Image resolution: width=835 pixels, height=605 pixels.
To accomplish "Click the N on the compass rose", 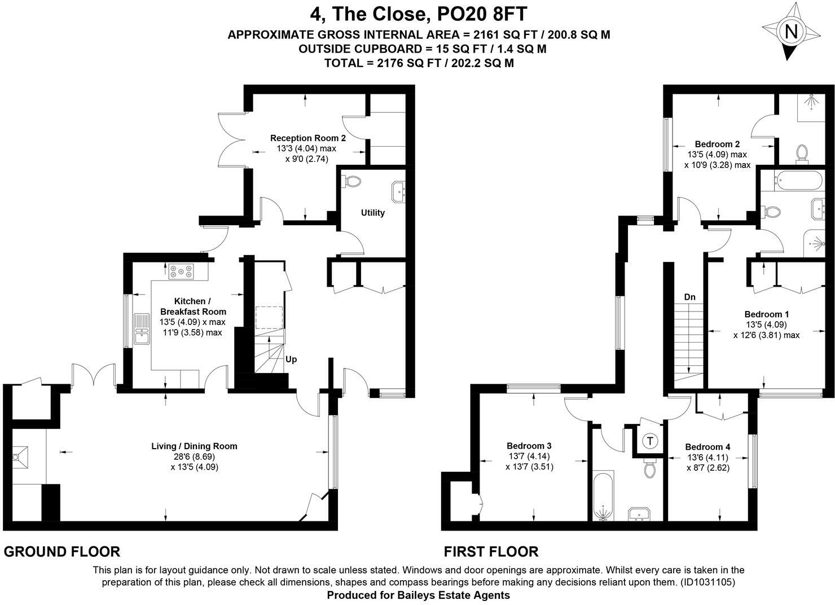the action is point(791,32).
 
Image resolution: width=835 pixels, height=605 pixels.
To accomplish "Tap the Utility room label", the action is point(373,213).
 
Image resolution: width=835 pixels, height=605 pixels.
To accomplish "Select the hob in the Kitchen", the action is point(181,271).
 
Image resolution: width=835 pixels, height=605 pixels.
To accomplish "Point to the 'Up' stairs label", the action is point(291,360).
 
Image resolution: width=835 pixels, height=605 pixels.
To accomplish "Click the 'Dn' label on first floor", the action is point(690,297).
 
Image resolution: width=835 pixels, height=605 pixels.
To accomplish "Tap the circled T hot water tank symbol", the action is point(650,441).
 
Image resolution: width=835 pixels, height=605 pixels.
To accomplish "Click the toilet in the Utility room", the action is point(351,182).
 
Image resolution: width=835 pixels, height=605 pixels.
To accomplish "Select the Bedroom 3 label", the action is point(529,446).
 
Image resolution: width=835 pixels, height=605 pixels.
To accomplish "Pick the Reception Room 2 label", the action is point(308,138).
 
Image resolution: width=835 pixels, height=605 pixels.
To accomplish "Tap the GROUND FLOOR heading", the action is point(62,551).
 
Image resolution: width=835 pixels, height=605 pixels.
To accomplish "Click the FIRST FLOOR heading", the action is point(491,551).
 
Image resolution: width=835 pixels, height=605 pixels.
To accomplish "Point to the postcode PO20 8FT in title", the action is point(482,14).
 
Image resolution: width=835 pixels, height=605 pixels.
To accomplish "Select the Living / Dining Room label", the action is point(194,446).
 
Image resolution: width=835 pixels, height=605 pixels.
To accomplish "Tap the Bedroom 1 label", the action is point(766,314).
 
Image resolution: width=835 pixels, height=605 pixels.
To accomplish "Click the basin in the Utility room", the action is point(399,192).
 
